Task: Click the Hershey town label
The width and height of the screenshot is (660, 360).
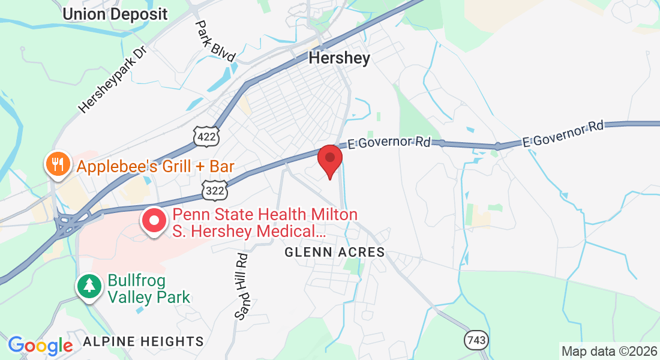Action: click(x=339, y=58)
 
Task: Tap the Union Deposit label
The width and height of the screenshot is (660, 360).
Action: click(x=115, y=13)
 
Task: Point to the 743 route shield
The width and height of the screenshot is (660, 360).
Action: click(x=476, y=340)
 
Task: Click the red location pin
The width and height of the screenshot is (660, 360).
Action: click(x=329, y=159)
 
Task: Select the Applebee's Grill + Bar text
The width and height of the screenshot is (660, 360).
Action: click(x=155, y=166)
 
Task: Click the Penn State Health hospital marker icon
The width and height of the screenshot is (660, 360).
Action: click(x=154, y=221)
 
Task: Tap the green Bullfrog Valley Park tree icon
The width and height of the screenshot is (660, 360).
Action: click(x=89, y=286)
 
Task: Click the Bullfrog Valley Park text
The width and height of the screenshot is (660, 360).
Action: click(x=148, y=289)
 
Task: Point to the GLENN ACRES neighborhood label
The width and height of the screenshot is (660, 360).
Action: click(x=334, y=252)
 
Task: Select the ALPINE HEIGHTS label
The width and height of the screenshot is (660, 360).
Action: click(x=143, y=341)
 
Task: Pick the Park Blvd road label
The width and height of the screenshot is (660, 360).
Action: click(x=215, y=40)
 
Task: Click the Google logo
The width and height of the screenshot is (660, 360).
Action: click(x=40, y=345)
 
